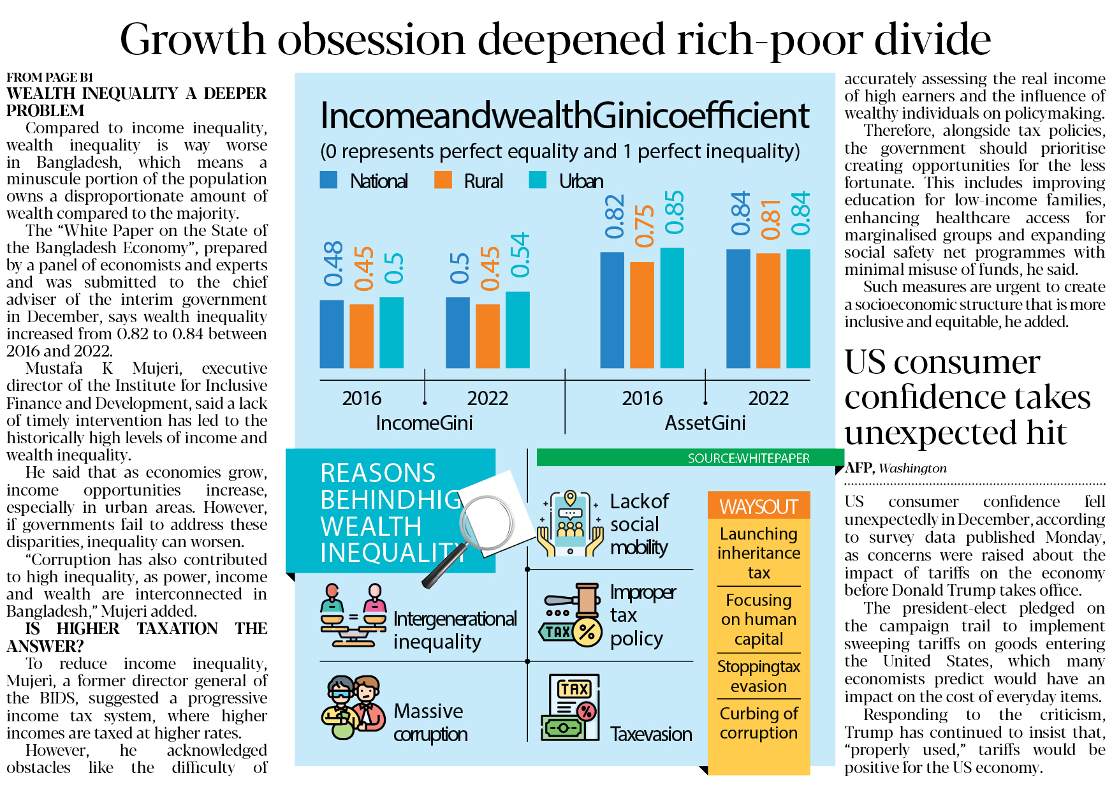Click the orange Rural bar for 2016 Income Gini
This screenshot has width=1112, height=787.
tap(362, 335)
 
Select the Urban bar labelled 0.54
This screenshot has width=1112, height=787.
tap(517, 330)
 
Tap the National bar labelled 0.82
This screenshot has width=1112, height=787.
tap(612, 310)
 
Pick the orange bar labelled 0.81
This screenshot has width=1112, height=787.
tap(768, 311)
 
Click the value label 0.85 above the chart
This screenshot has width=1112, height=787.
tap(674, 212)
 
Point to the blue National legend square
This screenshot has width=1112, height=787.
tap(328, 180)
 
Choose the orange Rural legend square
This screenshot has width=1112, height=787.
tap(443, 180)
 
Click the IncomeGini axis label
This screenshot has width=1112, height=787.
tap(424, 423)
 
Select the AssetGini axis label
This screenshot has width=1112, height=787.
tap(705, 423)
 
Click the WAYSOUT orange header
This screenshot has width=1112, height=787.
tap(759, 506)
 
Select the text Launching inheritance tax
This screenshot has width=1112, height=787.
tap(759, 553)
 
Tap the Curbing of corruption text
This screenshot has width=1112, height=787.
tap(759, 723)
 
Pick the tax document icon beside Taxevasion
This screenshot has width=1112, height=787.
tap(570, 707)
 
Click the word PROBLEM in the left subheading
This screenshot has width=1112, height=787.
tap(45, 110)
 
